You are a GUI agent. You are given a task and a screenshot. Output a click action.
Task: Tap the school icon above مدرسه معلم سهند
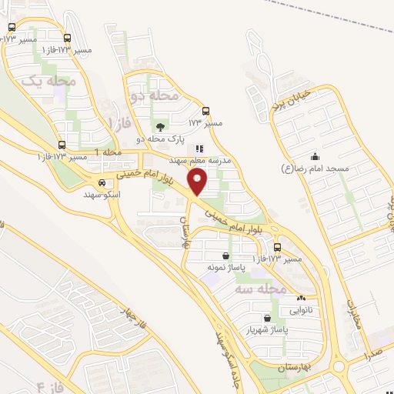tap(199, 149)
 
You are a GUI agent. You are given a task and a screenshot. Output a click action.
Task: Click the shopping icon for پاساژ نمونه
tap(225, 256)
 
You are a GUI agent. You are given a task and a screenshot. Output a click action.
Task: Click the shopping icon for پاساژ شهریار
tap(266, 317)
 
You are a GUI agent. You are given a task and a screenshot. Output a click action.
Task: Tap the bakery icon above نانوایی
tap(300, 299)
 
